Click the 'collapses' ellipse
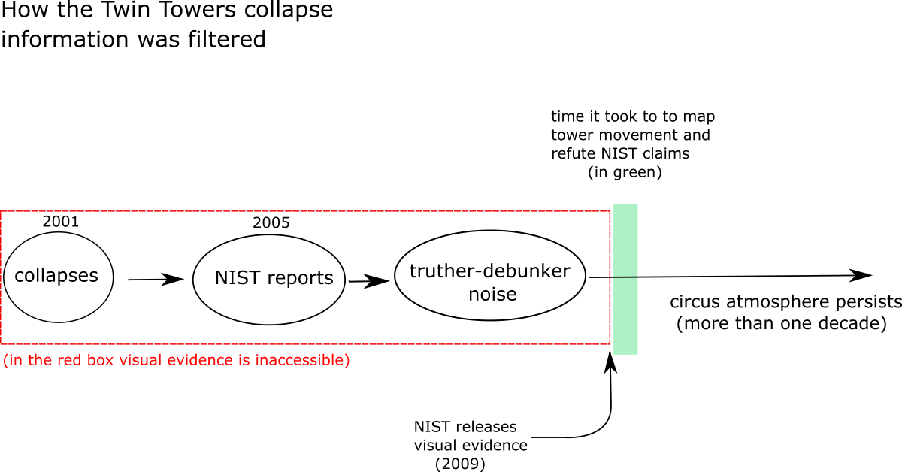pyautogui.click(x=59, y=277)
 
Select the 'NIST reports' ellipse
pyautogui.click(x=269, y=280)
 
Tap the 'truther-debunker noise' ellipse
pyautogui.click(x=490, y=276)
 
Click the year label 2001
pyautogui.click(x=61, y=222)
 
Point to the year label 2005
pyautogui.click(x=271, y=222)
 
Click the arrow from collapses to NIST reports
pyautogui.click(x=156, y=279)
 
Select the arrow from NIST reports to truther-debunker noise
pyautogui.click(x=369, y=280)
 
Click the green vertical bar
pyautogui.click(x=625, y=279)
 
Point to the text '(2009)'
pyautogui.click(x=460, y=464)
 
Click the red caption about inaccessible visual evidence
pyautogui.click(x=177, y=360)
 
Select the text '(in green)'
pyautogui.click(x=625, y=172)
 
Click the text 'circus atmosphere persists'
pyautogui.click(x=785, y=302)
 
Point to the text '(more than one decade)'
pyautogui.click(x=782, y=323)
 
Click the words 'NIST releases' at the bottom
pyautogui.click(x=465, y=426)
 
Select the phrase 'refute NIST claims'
pyautogui.click(x=620, y=153)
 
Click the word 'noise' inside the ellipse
pyautogui.click(x=492, y=294)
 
